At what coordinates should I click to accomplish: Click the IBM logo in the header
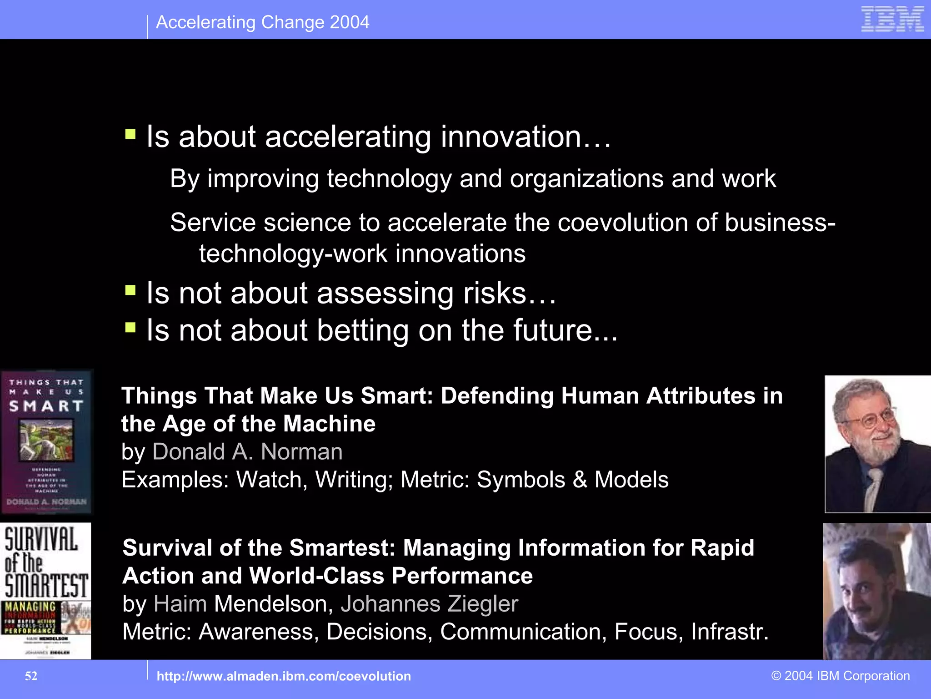tap(892, 19)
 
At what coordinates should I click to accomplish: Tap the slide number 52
tap(31, 676)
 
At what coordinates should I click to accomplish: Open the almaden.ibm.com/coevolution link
tap(283, 676)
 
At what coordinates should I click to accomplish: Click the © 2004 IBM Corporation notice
tap(841, 676)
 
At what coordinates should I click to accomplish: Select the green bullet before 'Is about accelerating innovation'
tap(130, 134)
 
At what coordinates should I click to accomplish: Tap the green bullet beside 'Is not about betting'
tap(130, 327)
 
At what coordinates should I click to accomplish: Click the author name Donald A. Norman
tap(247, 452)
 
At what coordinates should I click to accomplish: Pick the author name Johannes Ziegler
tap(429, 604)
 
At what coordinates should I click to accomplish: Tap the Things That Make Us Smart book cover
tap(46, 441)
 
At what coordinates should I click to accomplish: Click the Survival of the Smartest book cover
tap(45, 591)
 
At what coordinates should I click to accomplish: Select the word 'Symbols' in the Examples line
tap(521, 480)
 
